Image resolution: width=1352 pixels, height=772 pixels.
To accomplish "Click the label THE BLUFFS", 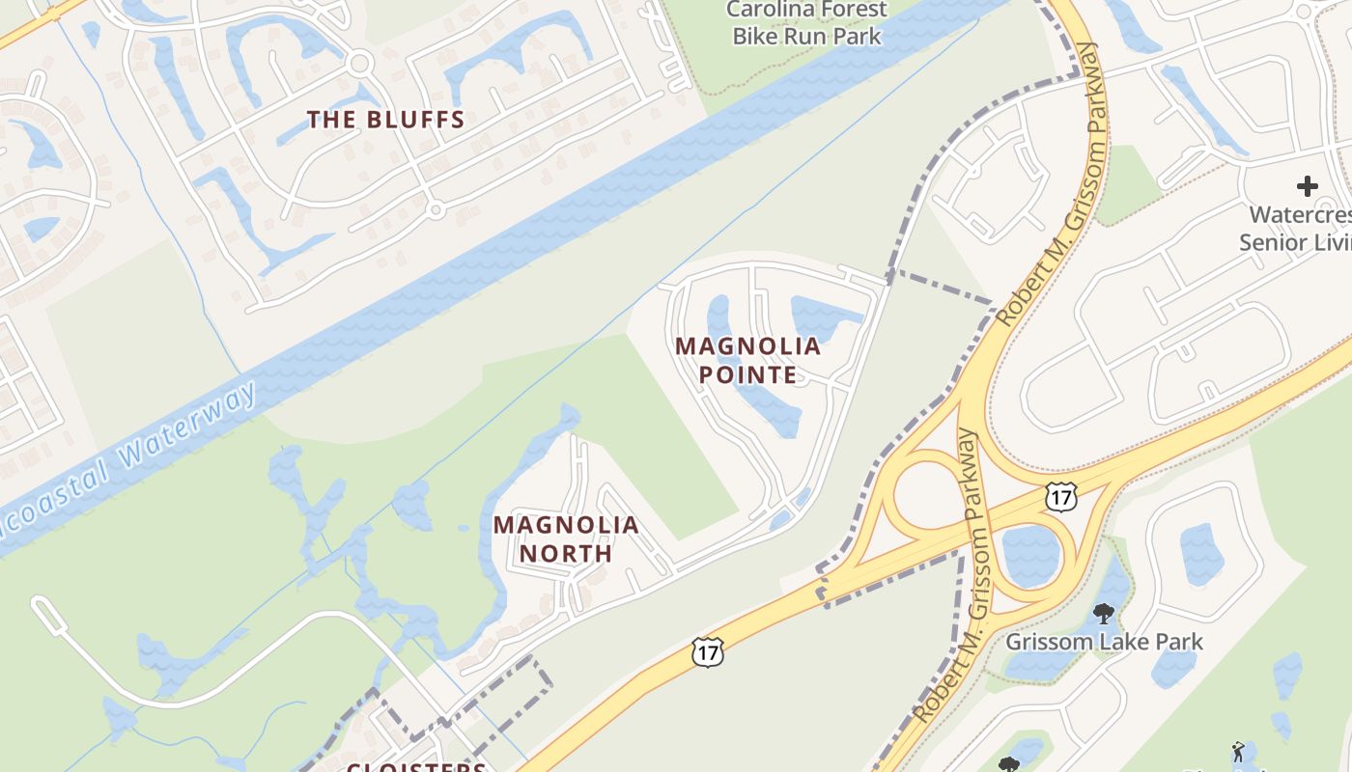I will pyautogui.click(x=386, y=120).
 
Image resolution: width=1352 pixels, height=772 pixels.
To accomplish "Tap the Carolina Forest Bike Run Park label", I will pyautogui.click(x=806, y=23).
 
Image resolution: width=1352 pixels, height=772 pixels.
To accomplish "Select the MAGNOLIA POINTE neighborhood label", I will pyautogui.click(x=748, y=360).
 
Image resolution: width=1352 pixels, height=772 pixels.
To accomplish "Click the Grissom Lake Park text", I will pyautogui.click(x=1105, y=642).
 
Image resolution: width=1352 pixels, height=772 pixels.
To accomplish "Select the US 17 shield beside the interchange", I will pyautogui.click(x=1061, y=498).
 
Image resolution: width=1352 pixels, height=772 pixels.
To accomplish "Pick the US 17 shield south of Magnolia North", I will pyautogui.click(x=708, y=652).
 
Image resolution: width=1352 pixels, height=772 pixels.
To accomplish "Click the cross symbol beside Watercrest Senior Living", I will pyautogui.click(x=1307, y=185).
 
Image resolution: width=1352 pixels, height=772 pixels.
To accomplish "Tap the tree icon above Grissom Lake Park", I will pyautogui.click(x=1104, y=613).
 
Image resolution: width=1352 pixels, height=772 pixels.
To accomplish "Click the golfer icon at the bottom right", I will pyautogui.click(x=1238, y=751).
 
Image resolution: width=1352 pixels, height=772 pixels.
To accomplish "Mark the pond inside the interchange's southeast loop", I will pyautogui.click(x=1031, y=555).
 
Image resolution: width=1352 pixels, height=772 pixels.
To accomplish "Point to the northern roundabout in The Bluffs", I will pyautogui.click(x=360, y=64).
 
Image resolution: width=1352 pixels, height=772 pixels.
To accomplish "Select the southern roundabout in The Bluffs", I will pyautogui.click(x=436, y=208).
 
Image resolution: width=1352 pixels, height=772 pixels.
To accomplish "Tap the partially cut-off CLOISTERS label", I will pyautogui.click(x=416, y=766).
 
